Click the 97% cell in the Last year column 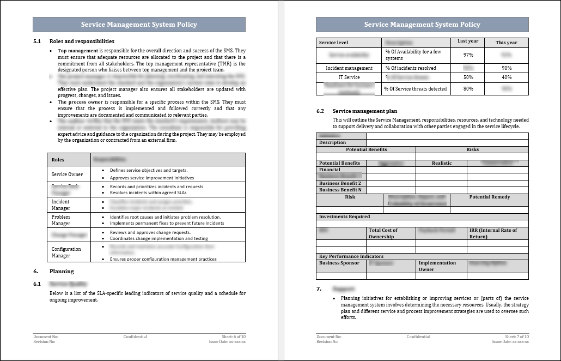point(468,55)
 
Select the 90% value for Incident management point(507,68)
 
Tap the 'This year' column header point(507,43)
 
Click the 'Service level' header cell point(333,43)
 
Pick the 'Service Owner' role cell point(67,175)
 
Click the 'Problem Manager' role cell point(61,220)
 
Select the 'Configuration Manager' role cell point(66,252)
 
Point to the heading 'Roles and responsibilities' point(82,41)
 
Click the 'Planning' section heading point(62,271)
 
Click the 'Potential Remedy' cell point(489,197)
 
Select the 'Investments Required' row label point(344,216)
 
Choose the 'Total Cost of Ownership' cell point(383,233)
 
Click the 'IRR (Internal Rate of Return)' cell point(493,233)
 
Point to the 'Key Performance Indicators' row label point(351,256)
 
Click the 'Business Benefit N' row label point(340,190)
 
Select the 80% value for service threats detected point(468,89)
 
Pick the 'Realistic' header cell point(442,163)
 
